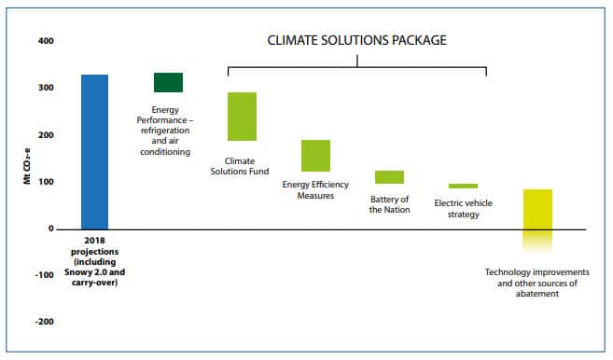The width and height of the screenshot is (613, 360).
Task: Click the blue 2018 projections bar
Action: click(x=94, y=151)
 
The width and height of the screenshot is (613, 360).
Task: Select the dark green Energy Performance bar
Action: click(x=168, y=82)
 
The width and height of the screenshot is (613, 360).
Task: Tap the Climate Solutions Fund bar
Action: click(x=242, y=117)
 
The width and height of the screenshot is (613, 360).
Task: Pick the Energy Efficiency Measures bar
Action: click(x=315, y=156)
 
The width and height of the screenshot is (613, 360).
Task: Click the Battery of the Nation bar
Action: click(x=389, y=177)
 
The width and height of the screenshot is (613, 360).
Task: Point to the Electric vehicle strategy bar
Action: click(x=463, y=186)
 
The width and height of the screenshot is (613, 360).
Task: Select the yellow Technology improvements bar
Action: click(x=537, y=215)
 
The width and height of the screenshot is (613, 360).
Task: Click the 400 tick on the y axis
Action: click(x=46, y=42)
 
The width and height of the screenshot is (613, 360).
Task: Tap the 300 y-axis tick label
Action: click(x=46, y=89)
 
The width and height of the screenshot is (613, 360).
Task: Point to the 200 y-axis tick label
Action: click(x=46, y=135)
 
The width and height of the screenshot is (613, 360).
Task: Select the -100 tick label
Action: click(x=44, y=275)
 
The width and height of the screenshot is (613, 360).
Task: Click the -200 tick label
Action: click(x=44, y=322)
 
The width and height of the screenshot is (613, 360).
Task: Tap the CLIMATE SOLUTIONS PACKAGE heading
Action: click(x=357, y=40)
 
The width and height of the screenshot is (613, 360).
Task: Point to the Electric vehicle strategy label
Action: click(x=464, y=208)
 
